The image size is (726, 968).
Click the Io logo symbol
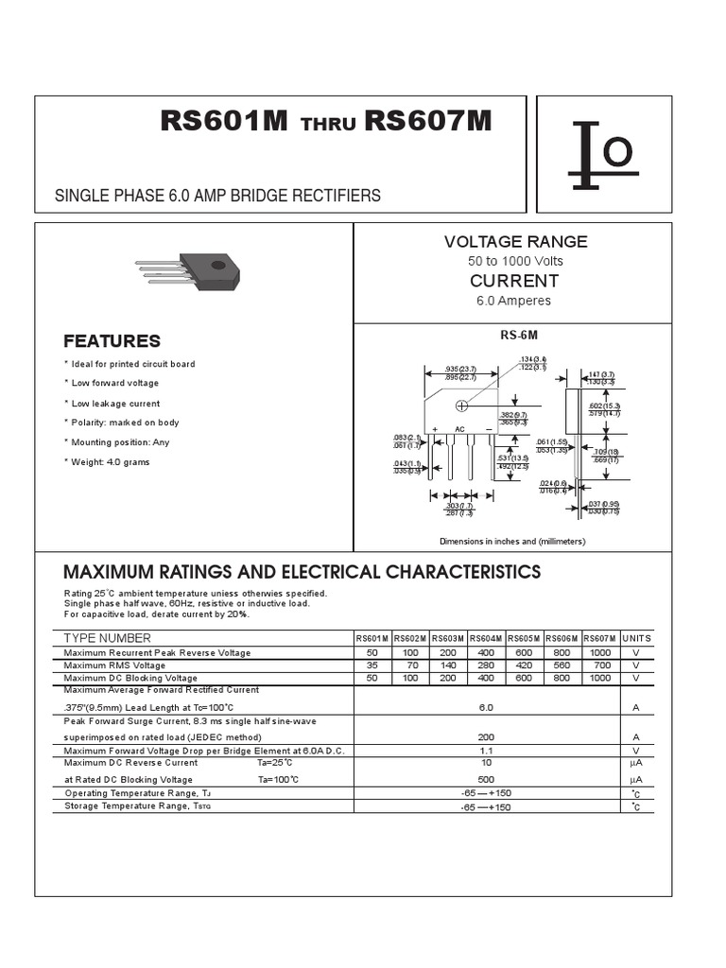603,155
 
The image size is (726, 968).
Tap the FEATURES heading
112,341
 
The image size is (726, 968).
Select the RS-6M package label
518,336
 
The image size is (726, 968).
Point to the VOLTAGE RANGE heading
515,242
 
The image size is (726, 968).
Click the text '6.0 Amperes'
514,301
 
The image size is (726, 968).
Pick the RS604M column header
486,639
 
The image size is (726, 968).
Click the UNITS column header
636,639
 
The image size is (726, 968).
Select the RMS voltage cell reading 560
562,665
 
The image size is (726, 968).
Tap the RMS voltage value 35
372,665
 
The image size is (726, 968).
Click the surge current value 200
486,736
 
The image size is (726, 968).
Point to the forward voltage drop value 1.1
486,750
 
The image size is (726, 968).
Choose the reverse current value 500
486,779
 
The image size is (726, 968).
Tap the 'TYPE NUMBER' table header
107,639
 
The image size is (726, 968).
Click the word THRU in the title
327,126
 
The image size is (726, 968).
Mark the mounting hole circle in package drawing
462,406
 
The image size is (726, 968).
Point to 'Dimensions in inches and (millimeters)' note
512,542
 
